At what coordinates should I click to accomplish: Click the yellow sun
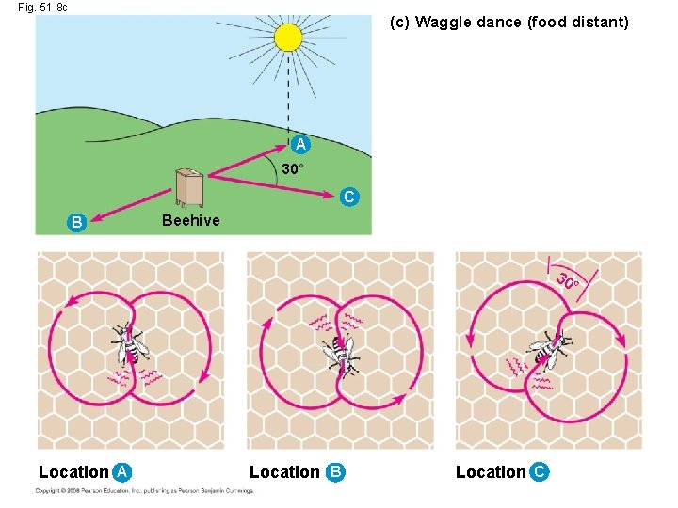click(288, 38)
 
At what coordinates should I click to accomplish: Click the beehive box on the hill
click(189, 187)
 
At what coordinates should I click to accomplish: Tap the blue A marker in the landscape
click(299, 145)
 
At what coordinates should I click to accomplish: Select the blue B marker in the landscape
click(77, 222)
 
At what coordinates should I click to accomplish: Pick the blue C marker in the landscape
click(349, 198)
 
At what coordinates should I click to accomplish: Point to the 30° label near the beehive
click(293, 169)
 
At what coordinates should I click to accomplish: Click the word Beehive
click(190, 220)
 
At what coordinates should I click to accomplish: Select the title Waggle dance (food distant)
click(509, 22)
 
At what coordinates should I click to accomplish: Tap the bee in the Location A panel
click(129, 345)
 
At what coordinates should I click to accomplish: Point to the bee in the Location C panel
click(549, 349)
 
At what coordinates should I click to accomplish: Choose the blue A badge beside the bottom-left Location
click(121, 472)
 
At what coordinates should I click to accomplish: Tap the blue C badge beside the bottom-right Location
click(539, 472)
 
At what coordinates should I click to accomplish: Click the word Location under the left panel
click(73, 472)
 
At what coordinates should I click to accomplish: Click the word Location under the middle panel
click(284, 472)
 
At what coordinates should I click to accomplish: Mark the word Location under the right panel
click(491, 472)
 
